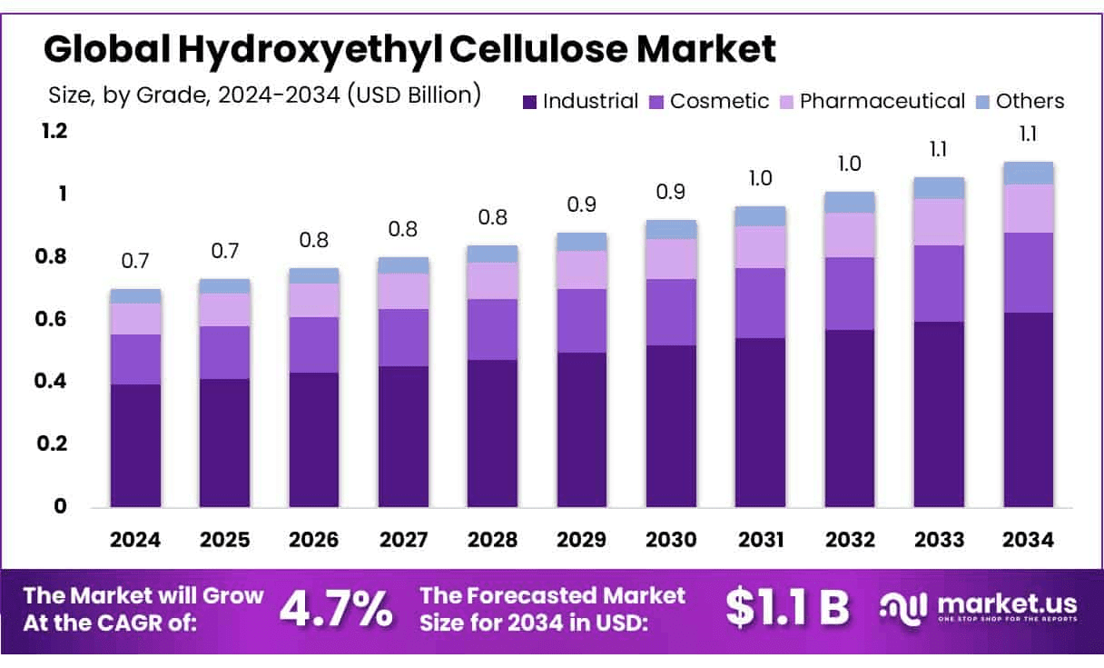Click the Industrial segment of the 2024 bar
click(135, 445)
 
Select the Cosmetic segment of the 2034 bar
click(1028, 273)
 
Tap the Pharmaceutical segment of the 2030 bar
click(671, 259)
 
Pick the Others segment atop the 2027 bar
click(403, 265)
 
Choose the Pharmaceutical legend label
click(882, 101)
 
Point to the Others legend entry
click(1030, 101)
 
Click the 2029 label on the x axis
click(582, 540)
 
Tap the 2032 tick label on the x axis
click(850, 540)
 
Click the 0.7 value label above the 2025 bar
click(224, 250)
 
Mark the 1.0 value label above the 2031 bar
click(760, 178)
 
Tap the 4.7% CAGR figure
click(336, 609)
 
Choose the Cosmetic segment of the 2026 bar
click(314, 344)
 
